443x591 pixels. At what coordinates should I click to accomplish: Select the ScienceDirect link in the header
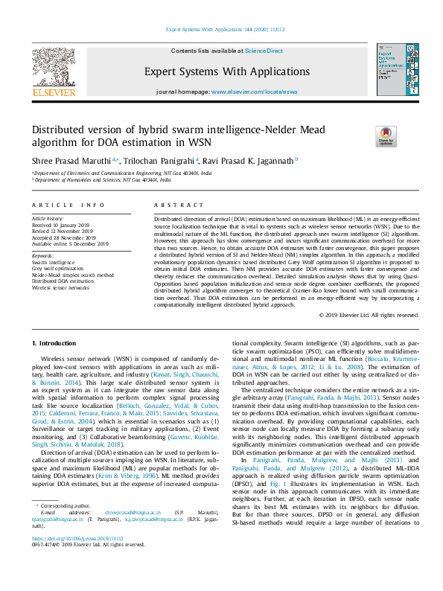265,51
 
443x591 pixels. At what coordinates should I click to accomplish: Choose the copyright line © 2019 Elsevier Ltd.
369,315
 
